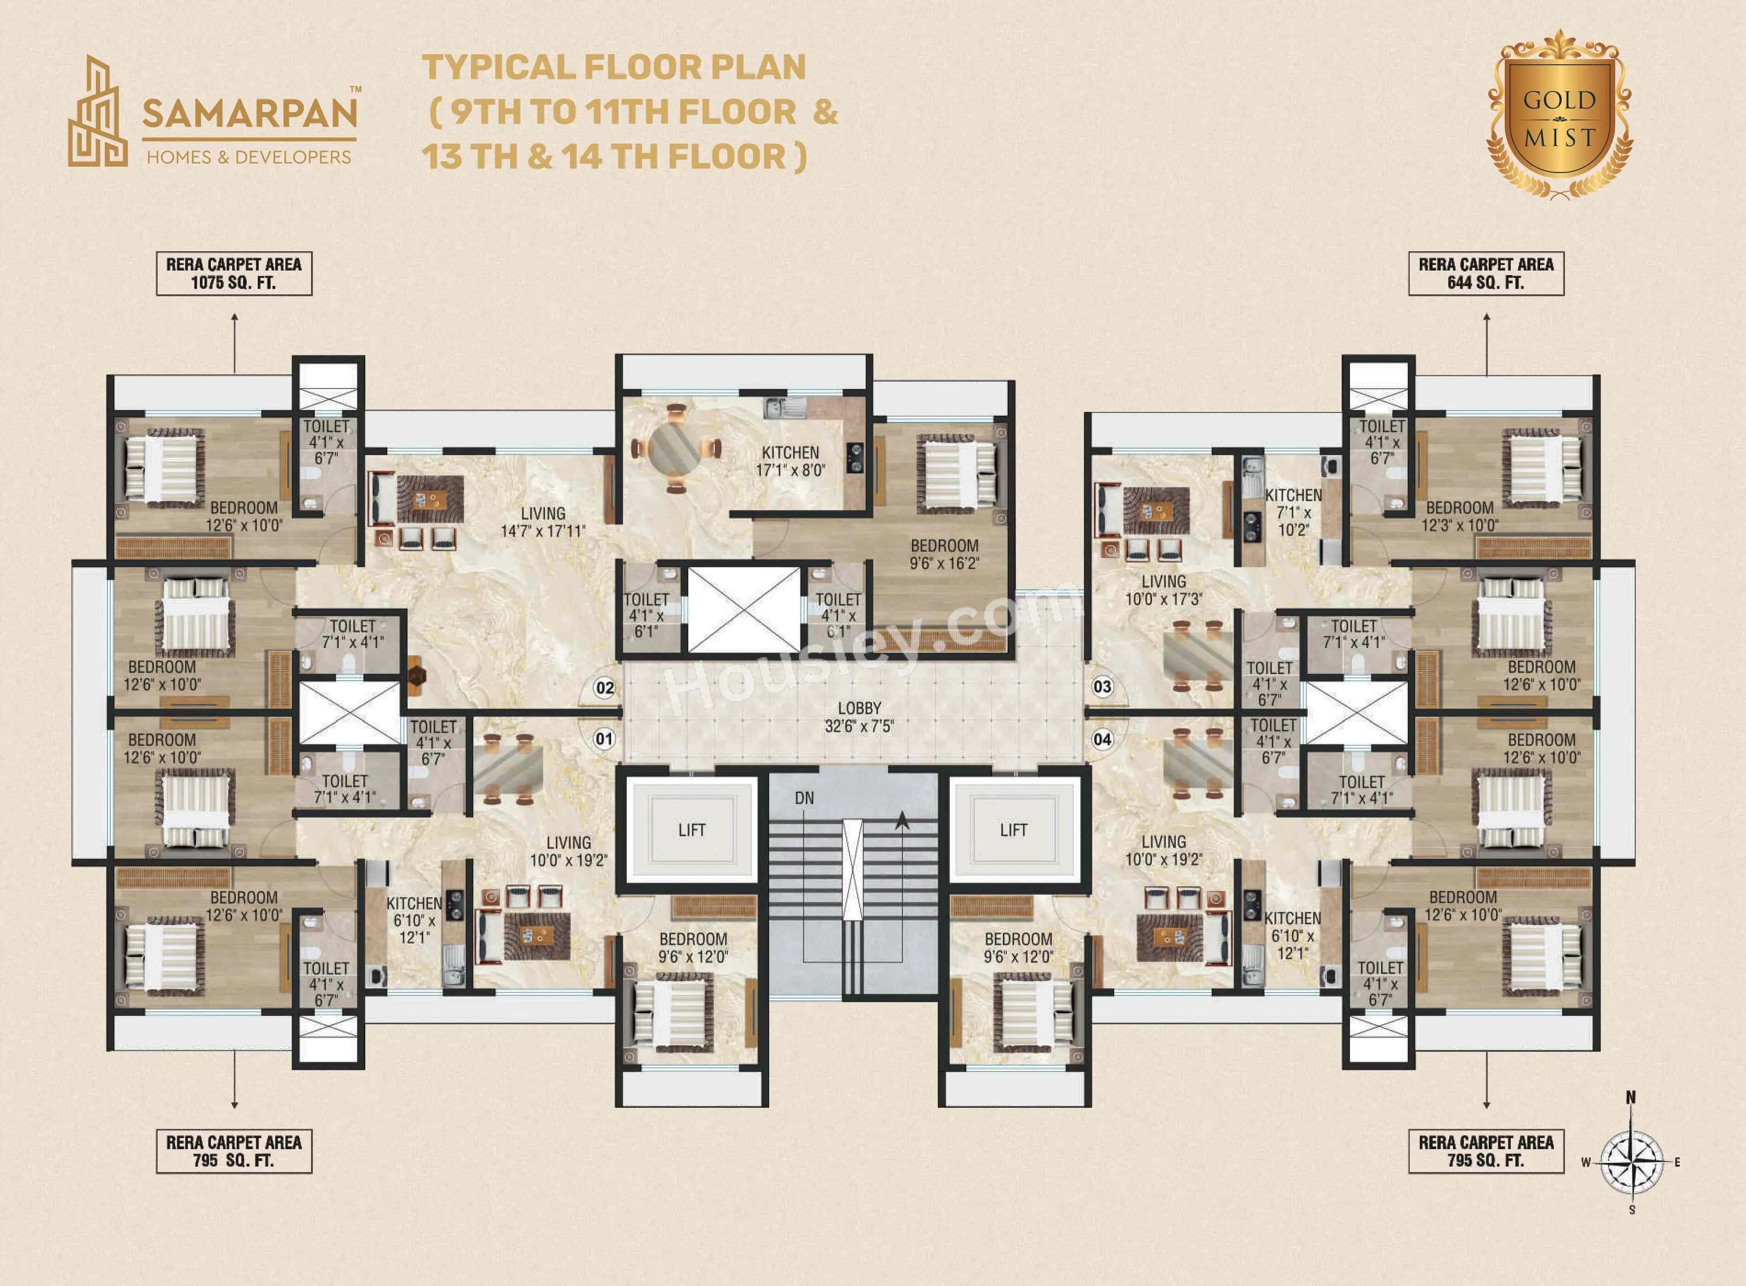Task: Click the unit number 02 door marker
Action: (604, 688)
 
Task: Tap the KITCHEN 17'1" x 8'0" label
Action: (790, 461)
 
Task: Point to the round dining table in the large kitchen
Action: (675, 448)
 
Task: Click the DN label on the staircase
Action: (805, 798)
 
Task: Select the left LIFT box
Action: (692, 830)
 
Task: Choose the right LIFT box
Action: (1013, 830)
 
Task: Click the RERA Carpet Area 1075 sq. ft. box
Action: (233, 273)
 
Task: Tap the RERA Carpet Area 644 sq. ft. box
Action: (1486, 273)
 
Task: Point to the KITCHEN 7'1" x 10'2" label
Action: (1293, 512)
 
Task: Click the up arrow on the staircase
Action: (902, 819)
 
